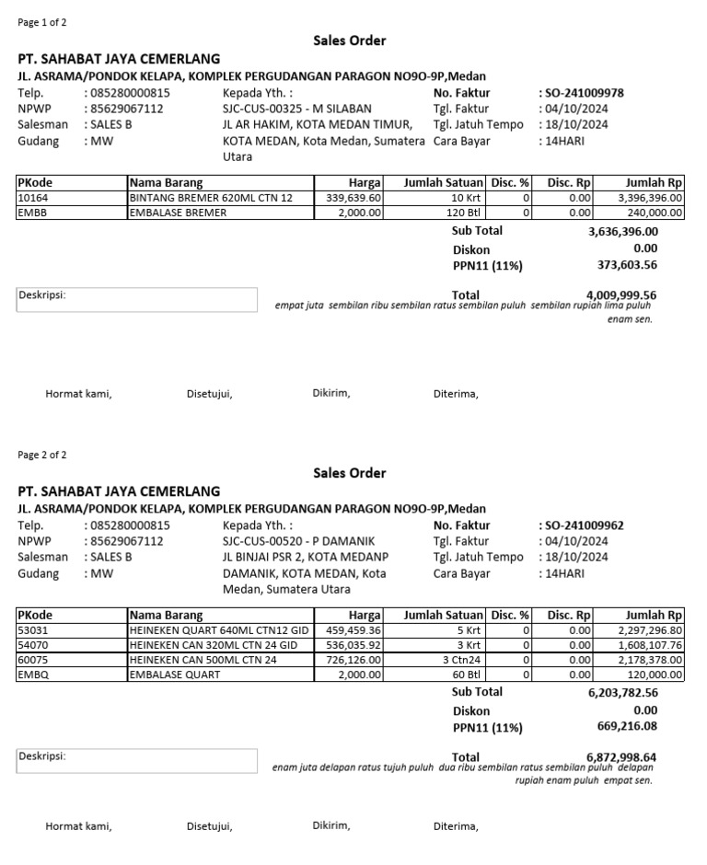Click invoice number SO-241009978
(584, 93)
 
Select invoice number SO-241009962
(584, 525)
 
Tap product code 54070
(31, 646)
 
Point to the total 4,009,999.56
(621, 295)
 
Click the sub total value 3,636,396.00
(623, 232)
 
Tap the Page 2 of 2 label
(42, 455)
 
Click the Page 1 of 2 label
(42, 22)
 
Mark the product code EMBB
(31, 213)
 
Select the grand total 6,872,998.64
(621, 757)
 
